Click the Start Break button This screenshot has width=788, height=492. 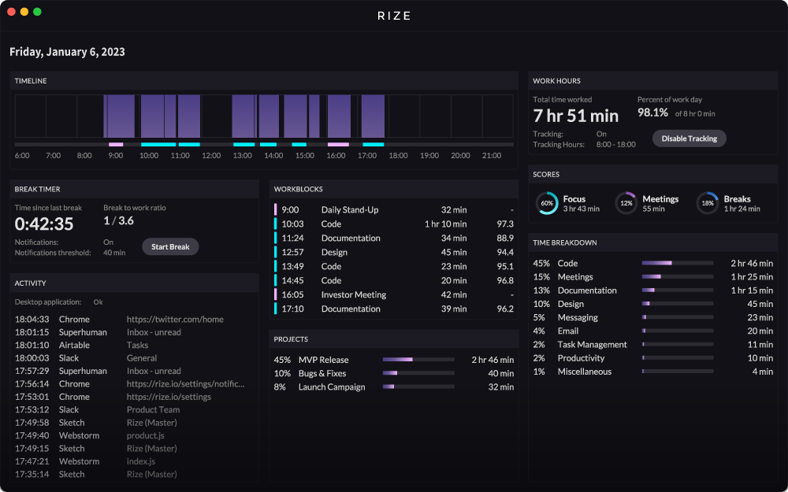point(170,246)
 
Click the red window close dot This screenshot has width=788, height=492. point(11,12)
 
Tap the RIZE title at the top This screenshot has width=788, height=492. point(394,16)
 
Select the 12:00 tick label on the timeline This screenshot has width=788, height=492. point(211,156)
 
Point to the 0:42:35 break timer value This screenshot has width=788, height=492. point(44,224)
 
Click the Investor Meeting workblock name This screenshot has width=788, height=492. point(354,294)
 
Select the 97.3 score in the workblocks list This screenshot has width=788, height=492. point(505,224)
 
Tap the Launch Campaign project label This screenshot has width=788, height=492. point(332,387)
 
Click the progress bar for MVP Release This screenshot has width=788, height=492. point(418,360)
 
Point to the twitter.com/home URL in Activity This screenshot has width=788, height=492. point(175,320)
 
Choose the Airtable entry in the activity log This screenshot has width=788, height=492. point(74,345)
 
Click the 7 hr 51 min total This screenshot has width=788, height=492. point(576,116)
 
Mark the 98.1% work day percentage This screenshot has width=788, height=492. point(652,113)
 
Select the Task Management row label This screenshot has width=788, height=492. point(592,345)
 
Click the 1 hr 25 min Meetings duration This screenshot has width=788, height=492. point(752,276)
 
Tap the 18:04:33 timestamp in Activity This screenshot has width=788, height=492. point(32,320)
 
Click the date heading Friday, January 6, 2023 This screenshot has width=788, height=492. point(67,52)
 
